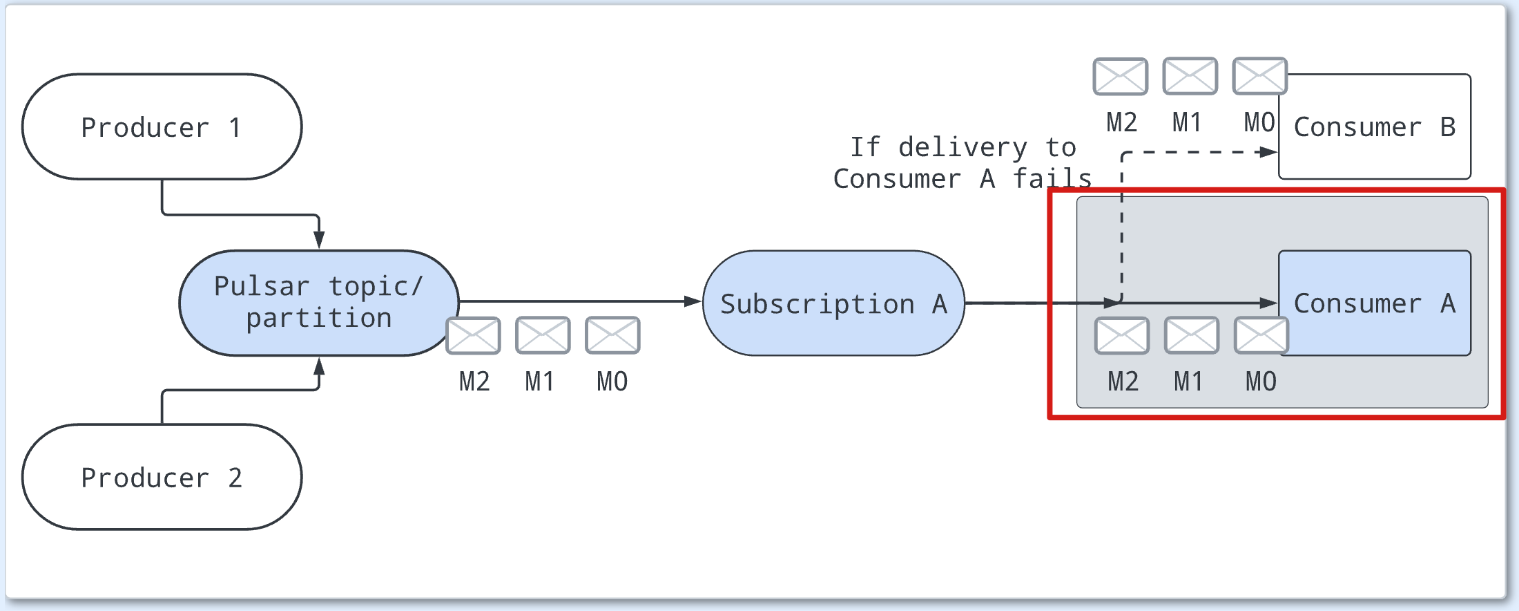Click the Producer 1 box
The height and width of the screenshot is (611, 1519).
162,127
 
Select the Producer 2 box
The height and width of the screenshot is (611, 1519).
162,478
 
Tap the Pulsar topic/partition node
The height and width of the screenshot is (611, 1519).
318,303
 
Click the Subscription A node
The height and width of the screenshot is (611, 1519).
833,303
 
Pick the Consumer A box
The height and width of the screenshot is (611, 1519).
1374,303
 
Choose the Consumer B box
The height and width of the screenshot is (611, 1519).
1374,127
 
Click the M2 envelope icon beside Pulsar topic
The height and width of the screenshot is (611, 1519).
474,335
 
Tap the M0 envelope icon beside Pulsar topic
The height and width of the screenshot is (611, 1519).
612,335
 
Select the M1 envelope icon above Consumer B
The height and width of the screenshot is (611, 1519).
1190,76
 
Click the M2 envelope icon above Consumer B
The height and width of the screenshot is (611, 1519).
1121,76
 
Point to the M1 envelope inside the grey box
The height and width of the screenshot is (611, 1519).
1192,336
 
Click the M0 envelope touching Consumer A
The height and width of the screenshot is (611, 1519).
1261,336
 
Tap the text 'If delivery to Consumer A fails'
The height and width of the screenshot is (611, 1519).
962,163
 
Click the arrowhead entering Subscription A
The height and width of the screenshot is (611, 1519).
693,301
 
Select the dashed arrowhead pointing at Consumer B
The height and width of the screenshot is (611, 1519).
1269,152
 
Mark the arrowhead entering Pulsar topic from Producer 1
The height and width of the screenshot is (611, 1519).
319,240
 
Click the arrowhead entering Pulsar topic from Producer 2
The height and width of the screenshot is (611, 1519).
319,366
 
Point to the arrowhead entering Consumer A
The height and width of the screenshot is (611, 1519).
1269,303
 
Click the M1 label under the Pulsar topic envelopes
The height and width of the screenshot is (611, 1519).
539,382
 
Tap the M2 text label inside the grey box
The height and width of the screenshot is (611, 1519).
1123,382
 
